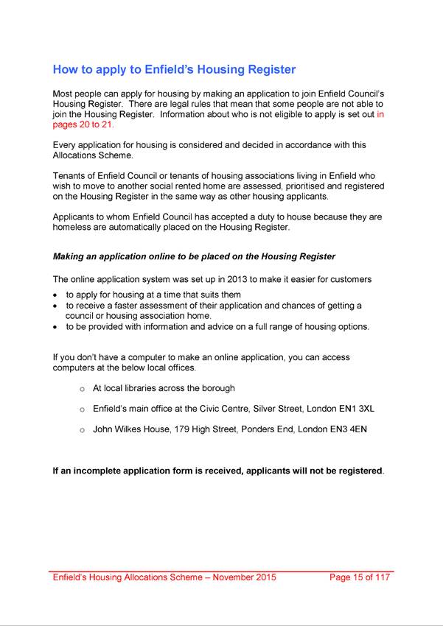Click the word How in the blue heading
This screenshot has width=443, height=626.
point(66,70)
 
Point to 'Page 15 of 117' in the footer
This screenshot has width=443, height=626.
point(359,577)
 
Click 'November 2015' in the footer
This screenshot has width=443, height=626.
point(245,577)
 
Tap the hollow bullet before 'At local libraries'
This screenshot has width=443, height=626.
point(82,389)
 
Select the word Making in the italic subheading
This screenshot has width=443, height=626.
point(70,257)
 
